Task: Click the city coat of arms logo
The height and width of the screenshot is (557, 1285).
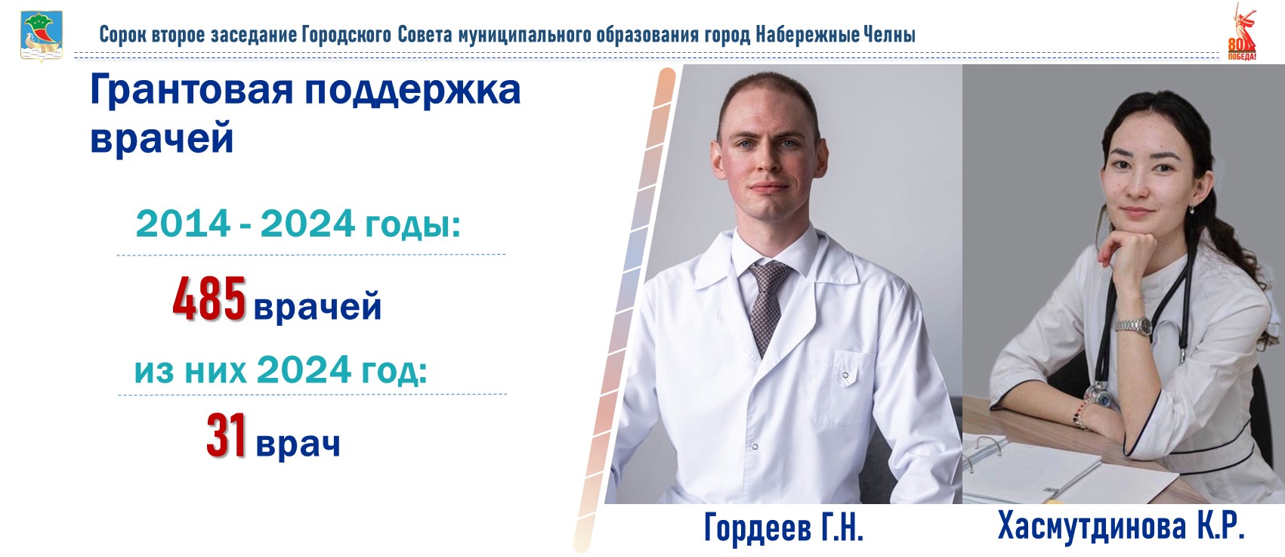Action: (x=42, y=36)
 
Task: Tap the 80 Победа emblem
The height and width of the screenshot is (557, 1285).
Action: (x=1241, y=32)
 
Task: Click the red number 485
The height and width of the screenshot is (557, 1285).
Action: (x=209, y=299)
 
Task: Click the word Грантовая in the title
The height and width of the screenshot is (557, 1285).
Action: (x=192, y=90)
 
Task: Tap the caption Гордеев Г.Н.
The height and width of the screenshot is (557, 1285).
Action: (x=783, y=528)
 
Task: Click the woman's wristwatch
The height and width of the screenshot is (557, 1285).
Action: (x=1134, y=326)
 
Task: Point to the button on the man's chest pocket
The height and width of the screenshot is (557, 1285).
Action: (x=845, y=375)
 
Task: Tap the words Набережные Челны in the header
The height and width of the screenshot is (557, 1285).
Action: (x=836, y=35)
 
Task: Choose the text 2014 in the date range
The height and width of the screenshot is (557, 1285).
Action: (x=183, y=224)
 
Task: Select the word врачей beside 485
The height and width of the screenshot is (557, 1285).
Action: (x=317, y=307)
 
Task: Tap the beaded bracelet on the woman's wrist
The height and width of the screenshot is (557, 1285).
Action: (x=1081, y=413)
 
